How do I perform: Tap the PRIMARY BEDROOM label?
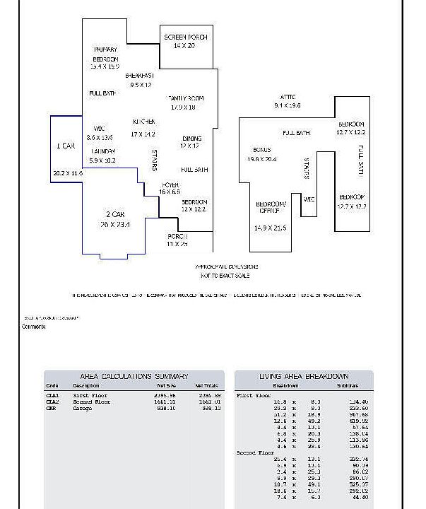point(105,54)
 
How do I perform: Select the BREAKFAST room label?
point(140,75)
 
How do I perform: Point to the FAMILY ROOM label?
point(186,98)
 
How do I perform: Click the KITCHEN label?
point(143,122)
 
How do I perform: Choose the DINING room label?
point(191,139)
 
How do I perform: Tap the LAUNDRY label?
point(103,151)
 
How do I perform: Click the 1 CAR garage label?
point(66,146)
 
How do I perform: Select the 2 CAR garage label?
point(115,214)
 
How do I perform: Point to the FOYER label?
point(170,185)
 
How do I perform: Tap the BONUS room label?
point(262,150)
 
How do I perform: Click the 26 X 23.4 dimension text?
point(115,224)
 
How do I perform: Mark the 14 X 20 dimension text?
point(184,45)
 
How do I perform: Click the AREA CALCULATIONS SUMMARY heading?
point(134,376)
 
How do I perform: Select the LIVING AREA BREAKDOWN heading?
point(303,376)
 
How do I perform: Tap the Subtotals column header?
point(347,386)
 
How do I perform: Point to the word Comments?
point(33,327)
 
